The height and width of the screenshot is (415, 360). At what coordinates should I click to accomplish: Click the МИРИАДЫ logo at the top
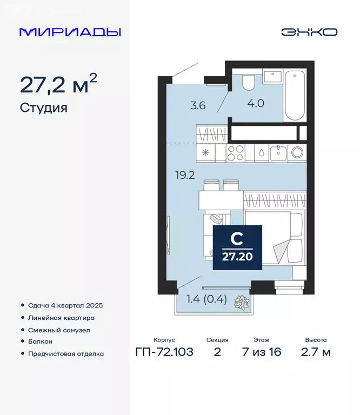(x=70, y=32)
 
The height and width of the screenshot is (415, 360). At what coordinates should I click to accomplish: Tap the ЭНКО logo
(x=309, y=32)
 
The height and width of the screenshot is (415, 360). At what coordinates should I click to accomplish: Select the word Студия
(x=44, y=108)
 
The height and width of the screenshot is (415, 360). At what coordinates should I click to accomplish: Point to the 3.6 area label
(x=199, y=106)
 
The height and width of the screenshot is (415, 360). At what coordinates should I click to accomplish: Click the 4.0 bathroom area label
(x=256, y=103)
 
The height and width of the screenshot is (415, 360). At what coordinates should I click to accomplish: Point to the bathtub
(x=295, y=95)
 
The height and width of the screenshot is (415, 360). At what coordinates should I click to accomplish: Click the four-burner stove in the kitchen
(x=237, y=153)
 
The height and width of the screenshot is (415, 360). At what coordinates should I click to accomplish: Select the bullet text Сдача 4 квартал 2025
(x=65, y=305)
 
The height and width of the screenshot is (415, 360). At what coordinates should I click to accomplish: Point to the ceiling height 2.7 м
(x=316, y=353)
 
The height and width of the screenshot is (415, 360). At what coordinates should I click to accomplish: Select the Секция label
(x=217, y=340)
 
